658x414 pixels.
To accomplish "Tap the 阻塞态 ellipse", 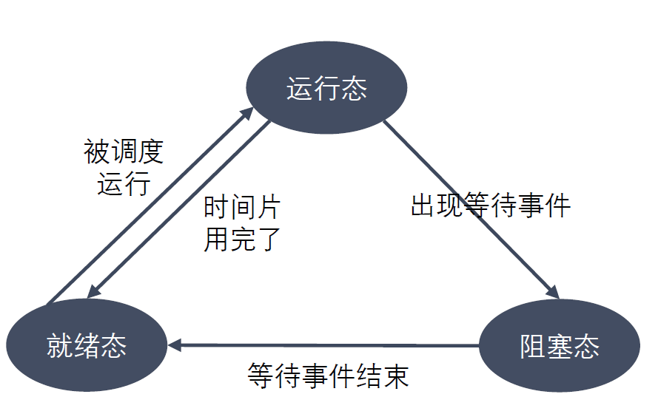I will click(x=560, y=347).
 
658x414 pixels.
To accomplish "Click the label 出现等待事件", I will click(x=491, y=206).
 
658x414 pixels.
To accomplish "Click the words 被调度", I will click(x=124, y=153).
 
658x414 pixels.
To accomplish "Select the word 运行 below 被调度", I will click(x=124, y=183).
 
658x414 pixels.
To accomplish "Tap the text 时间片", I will click(x=242, y=208).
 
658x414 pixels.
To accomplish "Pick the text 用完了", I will click(x=242, y=239).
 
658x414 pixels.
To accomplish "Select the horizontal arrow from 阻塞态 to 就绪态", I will click(x=326, y=345).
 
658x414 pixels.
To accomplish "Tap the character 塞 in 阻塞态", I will click(x=560, y=347).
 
